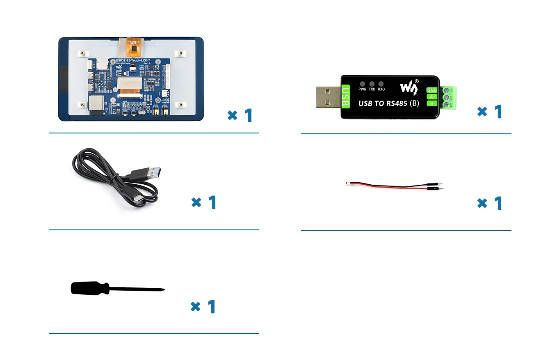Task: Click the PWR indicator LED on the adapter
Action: point(363,84)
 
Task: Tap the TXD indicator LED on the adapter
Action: point(372,84)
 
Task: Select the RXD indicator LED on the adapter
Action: point(381,84)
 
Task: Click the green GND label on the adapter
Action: point(432,90)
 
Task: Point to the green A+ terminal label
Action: point(432,97)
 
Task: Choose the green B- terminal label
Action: point(432,103)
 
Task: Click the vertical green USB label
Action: point(345,97)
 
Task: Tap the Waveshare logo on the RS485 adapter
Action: point(409,87)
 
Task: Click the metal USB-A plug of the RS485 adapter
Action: point(328,97)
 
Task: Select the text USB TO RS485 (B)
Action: point(388,103)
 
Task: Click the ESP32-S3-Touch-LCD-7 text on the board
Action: point(133,61)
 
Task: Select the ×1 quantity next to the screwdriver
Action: point(203,307)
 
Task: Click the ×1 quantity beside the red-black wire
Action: point(490,203)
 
